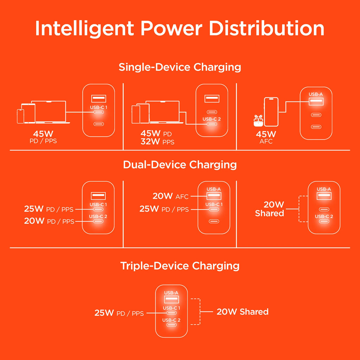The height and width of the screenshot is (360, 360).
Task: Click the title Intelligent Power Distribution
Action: click(x=180, y=29)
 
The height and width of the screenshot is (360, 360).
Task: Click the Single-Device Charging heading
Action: click(x=180, y=67)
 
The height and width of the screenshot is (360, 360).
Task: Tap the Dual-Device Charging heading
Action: click(x=180, y=165)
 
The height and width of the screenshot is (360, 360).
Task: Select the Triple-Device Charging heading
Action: click(x=180, y=265)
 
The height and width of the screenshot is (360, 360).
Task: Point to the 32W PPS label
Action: click(x=157, y=142)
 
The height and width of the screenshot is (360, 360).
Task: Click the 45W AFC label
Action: click(x=266, y=137)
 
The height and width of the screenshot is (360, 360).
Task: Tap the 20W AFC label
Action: click(x=171, y=196)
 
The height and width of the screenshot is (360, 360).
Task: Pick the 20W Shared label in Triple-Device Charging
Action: click(x=242, y=311)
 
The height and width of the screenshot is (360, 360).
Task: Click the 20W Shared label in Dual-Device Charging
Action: click(x=269, y=209)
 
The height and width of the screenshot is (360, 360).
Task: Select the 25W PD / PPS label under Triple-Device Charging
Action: click(x=119, y=313)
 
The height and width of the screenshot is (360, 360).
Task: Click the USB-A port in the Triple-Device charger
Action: click(x=171, y=299)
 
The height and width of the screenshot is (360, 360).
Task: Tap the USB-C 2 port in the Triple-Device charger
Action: click(x=171, y=325)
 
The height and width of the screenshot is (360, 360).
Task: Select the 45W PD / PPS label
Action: click(x=43, y=137)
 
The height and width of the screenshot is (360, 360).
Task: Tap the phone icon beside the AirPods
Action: click(x=271, y=112)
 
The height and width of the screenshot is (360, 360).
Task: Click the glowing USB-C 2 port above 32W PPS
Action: click(x=211, y=124)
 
